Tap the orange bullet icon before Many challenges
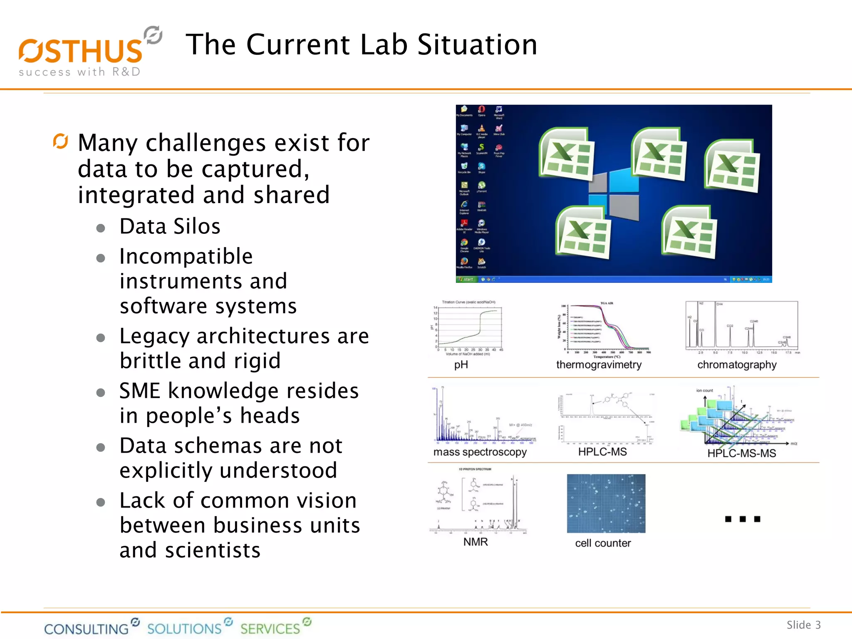60,141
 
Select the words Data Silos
170,227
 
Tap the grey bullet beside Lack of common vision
100,502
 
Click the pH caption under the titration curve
461,365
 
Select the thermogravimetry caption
599,365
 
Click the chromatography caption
737,365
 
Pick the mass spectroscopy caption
480,452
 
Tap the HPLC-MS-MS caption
741,453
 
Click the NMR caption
476,542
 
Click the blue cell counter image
606,503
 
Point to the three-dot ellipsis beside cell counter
743,519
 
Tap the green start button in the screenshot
466,280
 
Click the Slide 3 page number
803,625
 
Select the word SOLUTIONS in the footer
184,628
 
